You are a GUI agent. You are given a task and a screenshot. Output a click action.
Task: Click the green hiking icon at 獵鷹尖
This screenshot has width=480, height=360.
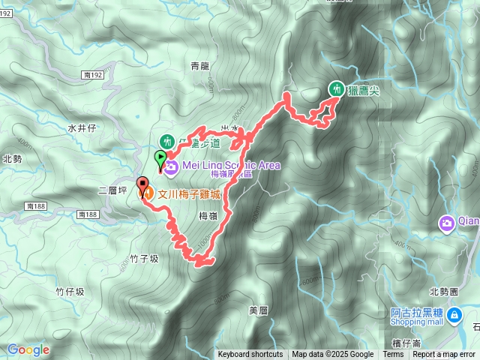(x=335, y=88)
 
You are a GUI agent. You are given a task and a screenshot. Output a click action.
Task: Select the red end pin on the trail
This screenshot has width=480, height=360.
(x=142, y=184)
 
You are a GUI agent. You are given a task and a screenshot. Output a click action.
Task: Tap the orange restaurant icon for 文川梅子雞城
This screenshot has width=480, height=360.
(x=148, y=193)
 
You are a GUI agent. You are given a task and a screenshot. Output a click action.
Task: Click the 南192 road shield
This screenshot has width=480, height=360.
(x=94, y=75)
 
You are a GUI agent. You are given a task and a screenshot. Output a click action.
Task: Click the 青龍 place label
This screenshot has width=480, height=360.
(x=199, y=66)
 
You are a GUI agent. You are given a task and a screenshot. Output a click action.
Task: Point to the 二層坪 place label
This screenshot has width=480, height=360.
(x=110, y=191)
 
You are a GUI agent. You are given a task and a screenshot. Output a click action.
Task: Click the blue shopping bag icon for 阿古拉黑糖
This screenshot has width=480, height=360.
(x=454, y=317)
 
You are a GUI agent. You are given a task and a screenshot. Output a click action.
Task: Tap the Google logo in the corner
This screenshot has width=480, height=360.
(x=28, y=349)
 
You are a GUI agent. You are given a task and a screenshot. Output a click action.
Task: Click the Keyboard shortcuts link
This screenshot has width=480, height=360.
(x=250, y=355)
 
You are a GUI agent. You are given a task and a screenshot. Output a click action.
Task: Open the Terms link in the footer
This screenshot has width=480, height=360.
(x=393, y=355)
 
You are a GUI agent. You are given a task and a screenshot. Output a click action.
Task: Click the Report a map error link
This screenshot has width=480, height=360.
(x=444, y=355)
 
